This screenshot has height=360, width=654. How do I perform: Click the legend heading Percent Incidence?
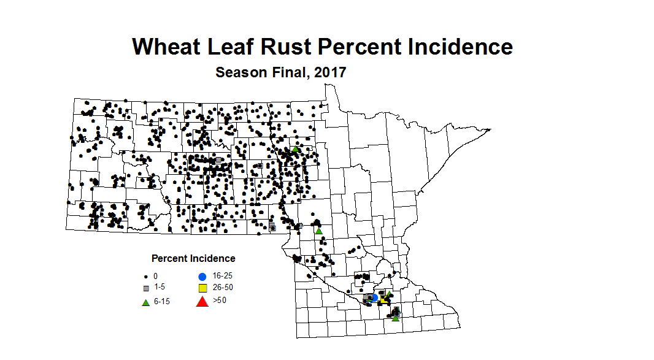click(193, 258)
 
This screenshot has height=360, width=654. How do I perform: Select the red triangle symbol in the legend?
click(202, 301)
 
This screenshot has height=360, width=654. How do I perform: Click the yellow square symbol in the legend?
click(202, 288)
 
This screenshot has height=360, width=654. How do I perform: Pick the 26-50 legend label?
click(223, 287)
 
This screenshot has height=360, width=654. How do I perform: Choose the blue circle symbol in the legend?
click(202, 276)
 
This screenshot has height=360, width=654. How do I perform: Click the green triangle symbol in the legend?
click(146, 302)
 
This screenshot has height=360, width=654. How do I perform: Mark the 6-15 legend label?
click(163, 302)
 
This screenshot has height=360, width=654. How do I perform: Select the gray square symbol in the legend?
click(146, 288)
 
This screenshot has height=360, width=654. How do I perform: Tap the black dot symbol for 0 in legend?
click(146, 277)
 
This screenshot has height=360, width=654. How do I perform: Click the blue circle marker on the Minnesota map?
click(374, 297)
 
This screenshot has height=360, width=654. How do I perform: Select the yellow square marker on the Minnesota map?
click(383, 301)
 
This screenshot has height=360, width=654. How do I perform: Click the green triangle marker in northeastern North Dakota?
click(296, 148)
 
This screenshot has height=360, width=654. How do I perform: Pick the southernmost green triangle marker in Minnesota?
click(396, 318)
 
